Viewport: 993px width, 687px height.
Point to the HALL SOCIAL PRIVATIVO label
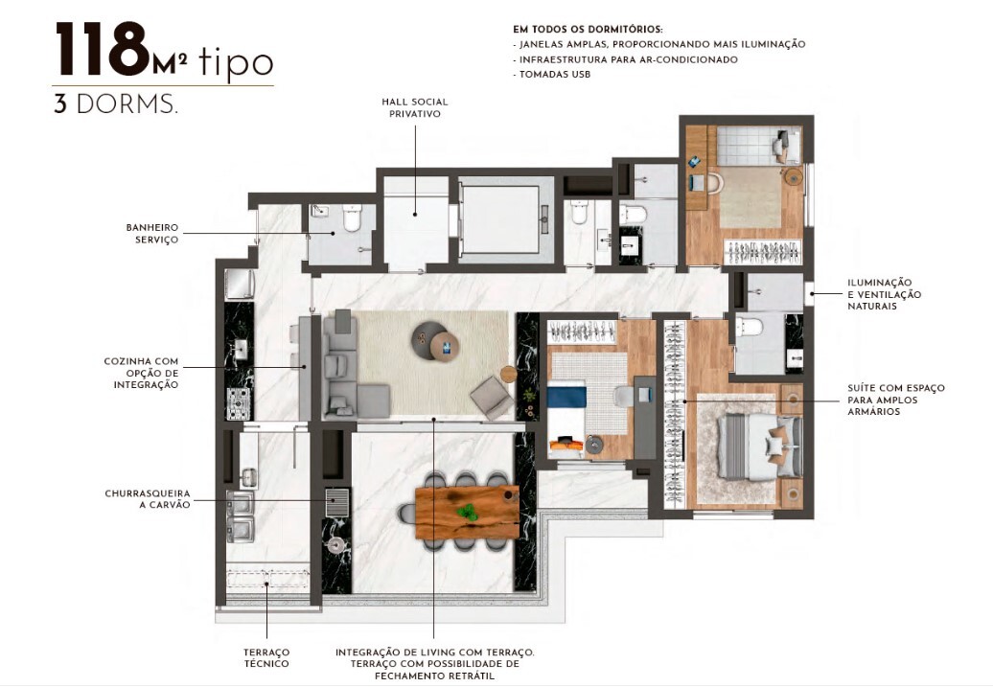coord(414,107)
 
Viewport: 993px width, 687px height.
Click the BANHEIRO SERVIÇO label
coord(152,234)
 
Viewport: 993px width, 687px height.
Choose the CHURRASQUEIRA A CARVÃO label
coord(147,498)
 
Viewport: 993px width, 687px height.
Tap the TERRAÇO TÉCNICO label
coord(266,657)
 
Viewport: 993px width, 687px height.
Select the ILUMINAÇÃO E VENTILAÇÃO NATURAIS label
coord(883,294)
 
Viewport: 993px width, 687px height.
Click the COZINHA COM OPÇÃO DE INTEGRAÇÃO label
coord(142,373)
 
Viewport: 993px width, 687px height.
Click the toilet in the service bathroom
coord(350,219)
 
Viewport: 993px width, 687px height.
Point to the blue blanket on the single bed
coord(566,396)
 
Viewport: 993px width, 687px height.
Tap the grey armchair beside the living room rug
coord(493,396)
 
